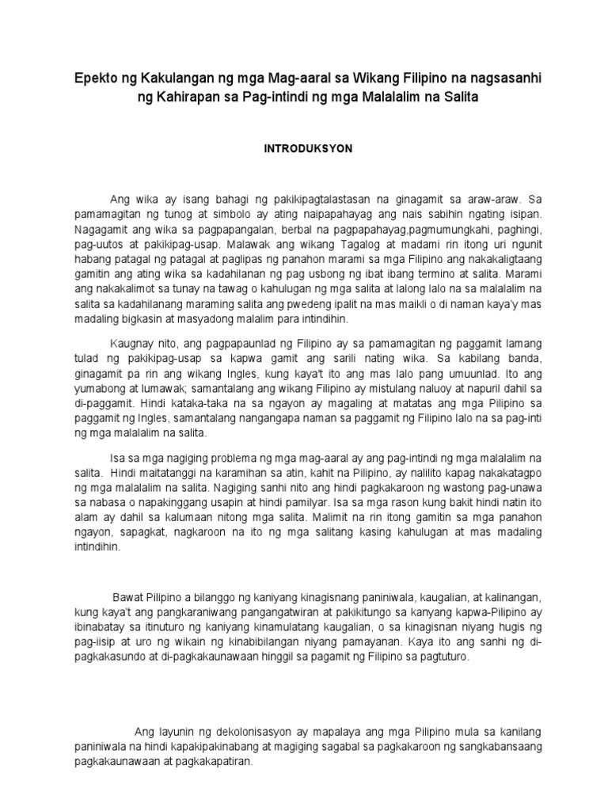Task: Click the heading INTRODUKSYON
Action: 304,148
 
